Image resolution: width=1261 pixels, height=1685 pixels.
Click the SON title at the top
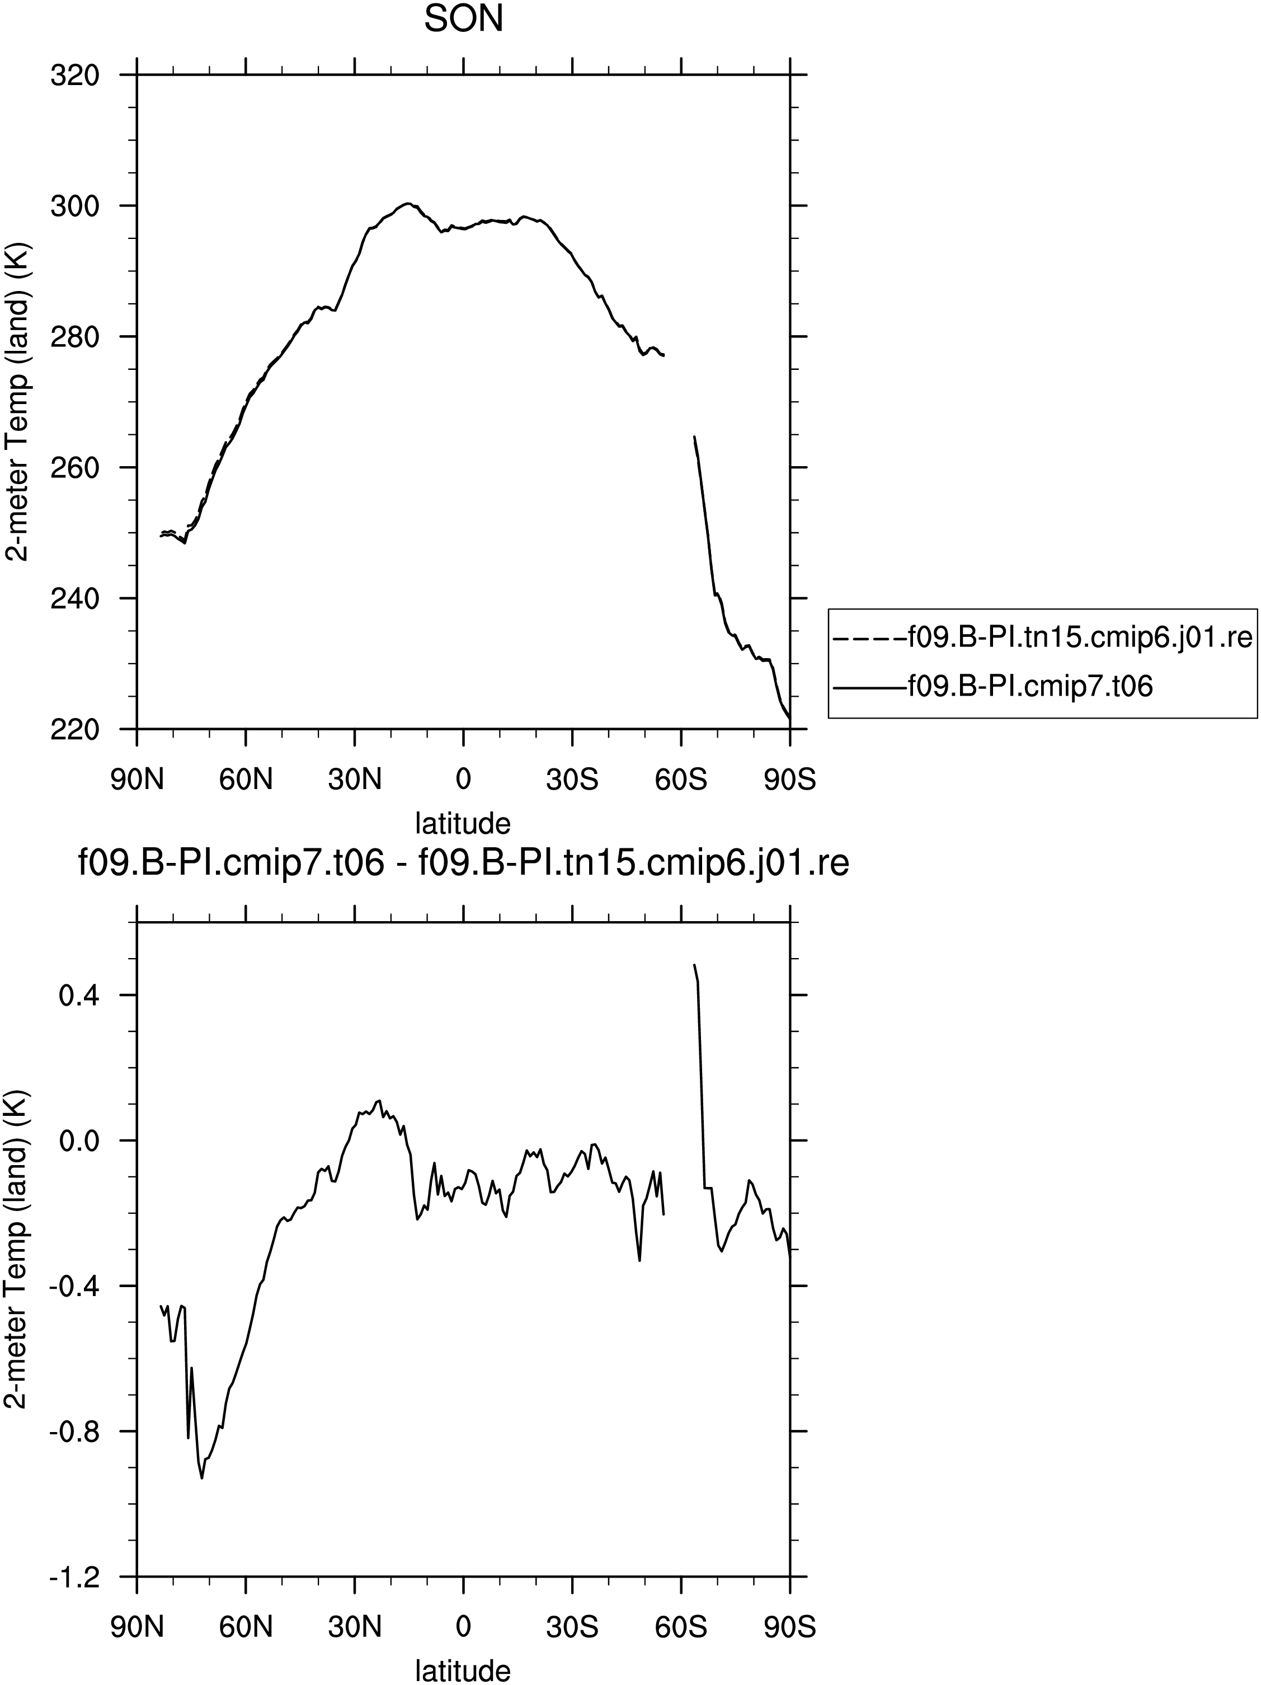click(x=463, y=20)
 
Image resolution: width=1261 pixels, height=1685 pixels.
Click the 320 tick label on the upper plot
click(x=74, y=76)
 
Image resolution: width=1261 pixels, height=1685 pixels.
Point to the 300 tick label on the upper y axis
click(x=74, y=206)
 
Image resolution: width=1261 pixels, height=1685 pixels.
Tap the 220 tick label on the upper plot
click(x=74, y=729)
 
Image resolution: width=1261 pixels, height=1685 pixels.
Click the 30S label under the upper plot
click(x=572, y=781)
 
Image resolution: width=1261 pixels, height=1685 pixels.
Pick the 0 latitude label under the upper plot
click(x=463, y=781)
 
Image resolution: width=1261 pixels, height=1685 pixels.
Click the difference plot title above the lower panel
click(x=463, y=864)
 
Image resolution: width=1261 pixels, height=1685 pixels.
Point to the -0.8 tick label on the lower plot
click(x=74, y=1431)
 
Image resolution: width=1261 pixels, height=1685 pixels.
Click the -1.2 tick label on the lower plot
click(x=74, y=1577)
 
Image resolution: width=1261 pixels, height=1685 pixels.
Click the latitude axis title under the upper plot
click(x=463, y=823)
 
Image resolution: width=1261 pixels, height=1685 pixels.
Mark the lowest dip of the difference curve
click(x=202, y=1478)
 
